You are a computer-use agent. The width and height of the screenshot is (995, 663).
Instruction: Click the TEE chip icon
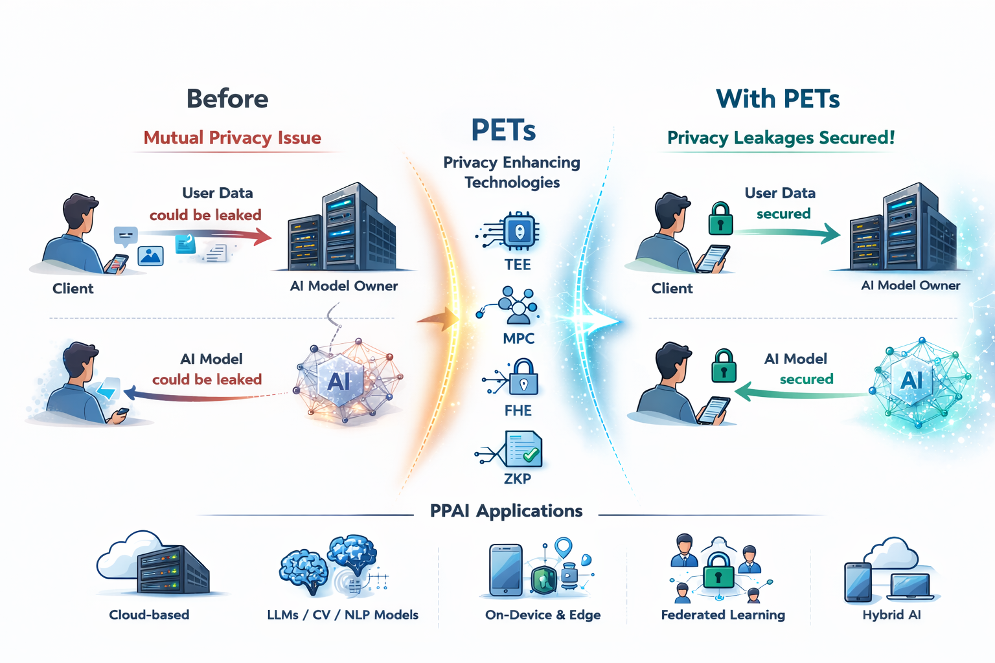(x=520, y=231)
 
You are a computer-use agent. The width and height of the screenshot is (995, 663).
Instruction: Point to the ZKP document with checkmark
(x=523, y=449)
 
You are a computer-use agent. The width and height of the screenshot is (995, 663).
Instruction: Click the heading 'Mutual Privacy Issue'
(x=232, y=138)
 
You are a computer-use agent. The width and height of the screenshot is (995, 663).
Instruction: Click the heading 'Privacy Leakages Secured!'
(x=781, y=138)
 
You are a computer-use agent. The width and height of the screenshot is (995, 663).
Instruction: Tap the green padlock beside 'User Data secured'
(x=720, y=219)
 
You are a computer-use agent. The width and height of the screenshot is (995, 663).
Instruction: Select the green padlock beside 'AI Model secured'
(x=724, y=366)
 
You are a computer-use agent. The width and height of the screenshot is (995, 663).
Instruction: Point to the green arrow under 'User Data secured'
(x=790, y=232)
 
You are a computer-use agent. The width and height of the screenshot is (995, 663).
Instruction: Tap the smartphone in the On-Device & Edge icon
(x=505, y=570)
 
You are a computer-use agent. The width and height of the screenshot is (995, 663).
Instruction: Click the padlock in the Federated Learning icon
(x=718, y=570)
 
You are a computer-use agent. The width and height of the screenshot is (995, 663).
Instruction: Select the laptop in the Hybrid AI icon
(x=911, y=586)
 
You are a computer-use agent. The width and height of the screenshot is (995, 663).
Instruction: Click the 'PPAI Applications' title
(x=506, y=511)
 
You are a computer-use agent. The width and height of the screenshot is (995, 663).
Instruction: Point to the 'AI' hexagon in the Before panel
(x=339, y=381)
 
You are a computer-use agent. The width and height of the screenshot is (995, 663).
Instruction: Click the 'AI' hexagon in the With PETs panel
(x=911, y=380)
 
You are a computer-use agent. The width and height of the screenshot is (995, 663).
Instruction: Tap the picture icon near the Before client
(x=150, y=256)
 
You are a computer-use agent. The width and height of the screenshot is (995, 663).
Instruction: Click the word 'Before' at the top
(x=227, y=99)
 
